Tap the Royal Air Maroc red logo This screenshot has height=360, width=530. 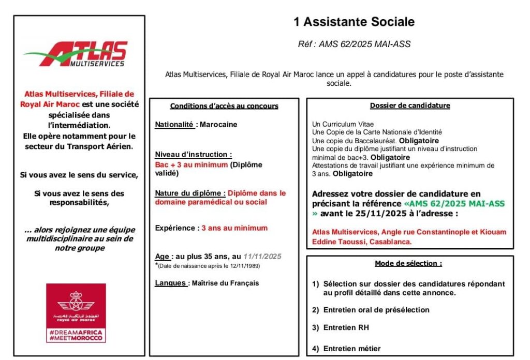click(x=76, y=312)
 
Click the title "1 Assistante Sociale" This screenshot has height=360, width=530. click(x=354, y=22)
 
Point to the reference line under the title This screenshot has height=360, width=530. click(x=354, y=44)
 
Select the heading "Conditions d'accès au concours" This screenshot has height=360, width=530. click(x=224, y=106)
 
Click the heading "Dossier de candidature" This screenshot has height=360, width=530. click(x=410, y=106)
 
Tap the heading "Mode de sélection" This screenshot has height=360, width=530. click(x=409, y=263)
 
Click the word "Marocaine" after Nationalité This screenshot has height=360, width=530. click(x=218, y=125)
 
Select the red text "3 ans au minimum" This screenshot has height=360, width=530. click(x=234, y=228)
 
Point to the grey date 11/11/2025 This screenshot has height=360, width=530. click(x=262, y=257)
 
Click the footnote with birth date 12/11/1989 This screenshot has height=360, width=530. click(x=209, y=266)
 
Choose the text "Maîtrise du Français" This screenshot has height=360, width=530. click(x=225, y=283)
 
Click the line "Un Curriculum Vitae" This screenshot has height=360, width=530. click(x=343, y=124)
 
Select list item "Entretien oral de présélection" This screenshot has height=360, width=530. click(x=376, y=310)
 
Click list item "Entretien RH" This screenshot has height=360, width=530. click(x=346, y=327)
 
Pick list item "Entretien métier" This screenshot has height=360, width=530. click(x=351, y=349)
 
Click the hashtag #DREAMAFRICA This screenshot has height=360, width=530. click(x=76, y=332)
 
